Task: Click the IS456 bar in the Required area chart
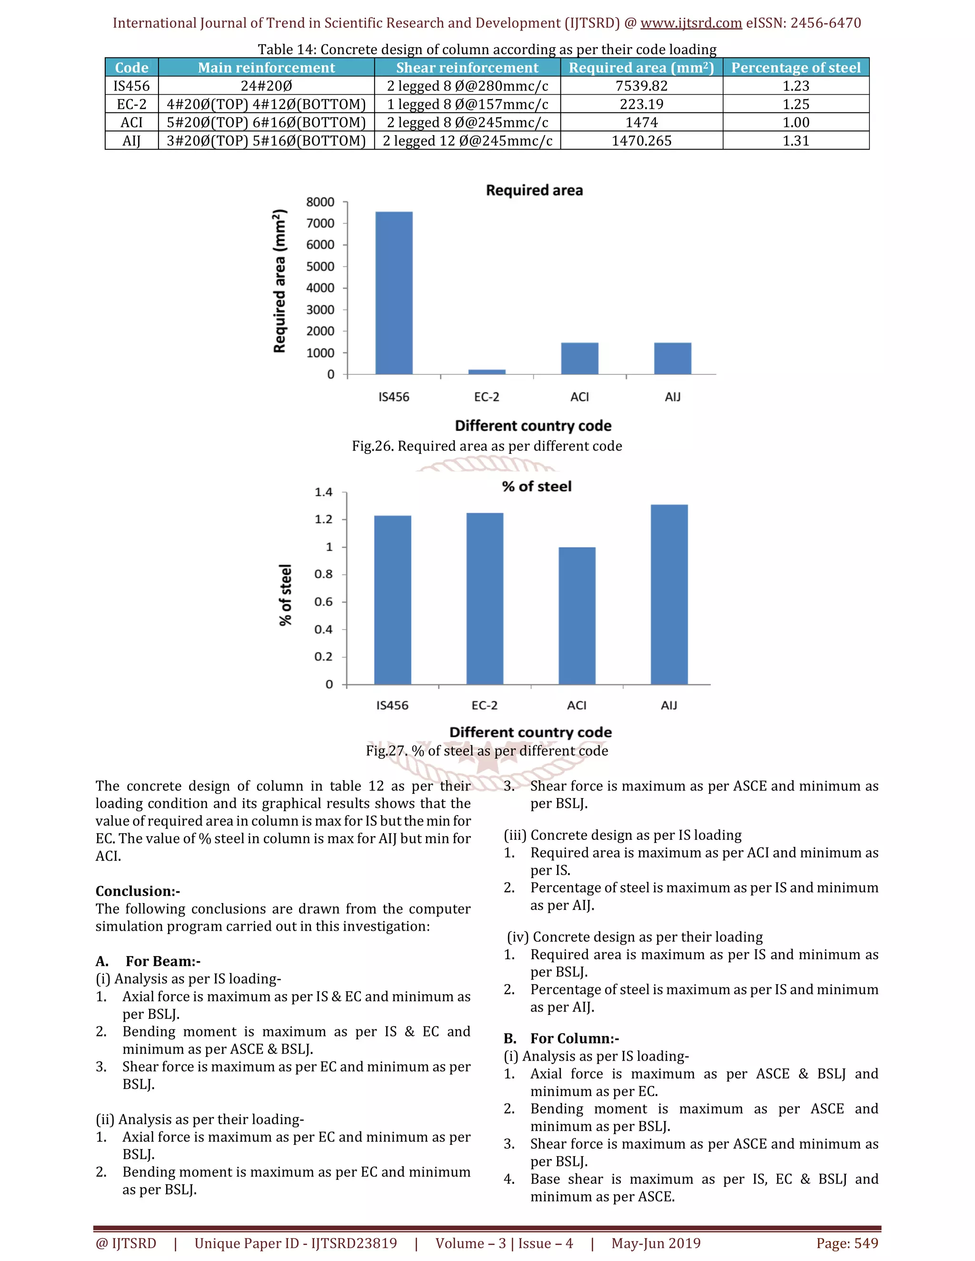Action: pyautogui.click(x=394, y=293)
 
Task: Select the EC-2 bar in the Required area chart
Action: pyautogui.click(x=487, y=372)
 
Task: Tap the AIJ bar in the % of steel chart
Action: pyautogui.click(x=669, y=595)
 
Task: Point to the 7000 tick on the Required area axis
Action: pyautogui.click(x=320, y=224)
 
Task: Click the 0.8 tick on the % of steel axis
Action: pyautogui.click(x=323, y=574)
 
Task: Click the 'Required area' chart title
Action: pyautogui.click(x=534, y=190)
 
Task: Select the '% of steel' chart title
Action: pyautogui.click(x=536, y=486)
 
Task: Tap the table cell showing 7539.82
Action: pyautogui.click(x=641, y=86)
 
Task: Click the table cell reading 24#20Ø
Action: pyautogui.click(x=266, y=86)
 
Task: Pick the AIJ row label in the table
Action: pyautogui.click(x=132, y=141)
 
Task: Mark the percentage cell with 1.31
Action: pyautogui.click(x=796, y=141)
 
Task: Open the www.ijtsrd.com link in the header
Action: pyautogui.click(x=691, y=23)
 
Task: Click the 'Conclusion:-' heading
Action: pyautogui.click(x=138, y=891)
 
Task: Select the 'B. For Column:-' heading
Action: pyautogui.click(x=561, y=1039)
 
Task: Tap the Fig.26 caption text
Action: pyautogui.click(x=487, y=446)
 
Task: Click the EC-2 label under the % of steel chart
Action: pyautogui.click(x=484, y=705)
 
